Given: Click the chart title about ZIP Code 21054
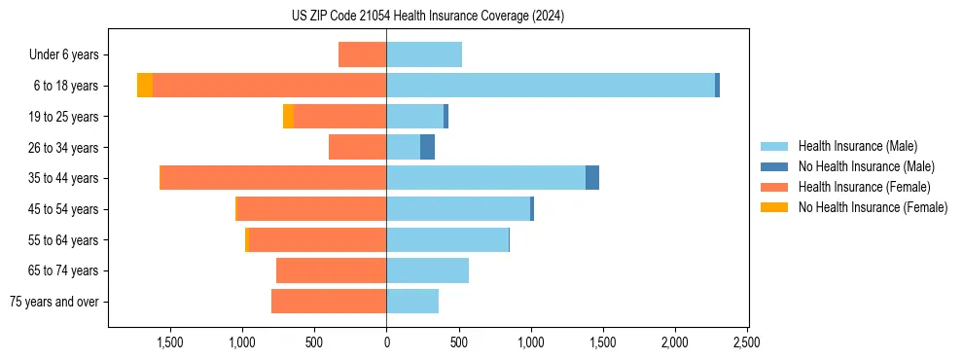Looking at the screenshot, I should pos(428,17).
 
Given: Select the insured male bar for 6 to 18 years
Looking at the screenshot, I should pos(551,86).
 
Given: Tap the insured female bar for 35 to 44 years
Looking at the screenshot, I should pos(273,178).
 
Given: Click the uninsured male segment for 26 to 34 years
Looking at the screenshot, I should pos(427,147).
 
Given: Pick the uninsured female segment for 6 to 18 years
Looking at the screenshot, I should pos(145,86).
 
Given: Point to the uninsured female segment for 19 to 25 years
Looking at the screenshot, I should pos(288,117).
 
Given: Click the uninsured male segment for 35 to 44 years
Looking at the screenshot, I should pos(592,178).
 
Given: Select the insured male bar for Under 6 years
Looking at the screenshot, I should pos(424,54).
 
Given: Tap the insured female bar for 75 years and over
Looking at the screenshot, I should pos(329,302).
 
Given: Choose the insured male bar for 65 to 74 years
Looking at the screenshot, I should pos(427,270).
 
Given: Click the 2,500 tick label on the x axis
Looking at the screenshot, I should pos(747,342).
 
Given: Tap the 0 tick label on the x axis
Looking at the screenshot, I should pos(386,342).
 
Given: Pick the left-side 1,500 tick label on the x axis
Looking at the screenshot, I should pos(170,342).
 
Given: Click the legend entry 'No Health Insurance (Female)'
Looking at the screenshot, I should pos(873,207).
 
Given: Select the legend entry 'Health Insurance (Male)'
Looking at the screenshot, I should pos(857,146).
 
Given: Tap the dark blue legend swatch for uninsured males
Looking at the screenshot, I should pos(775,166).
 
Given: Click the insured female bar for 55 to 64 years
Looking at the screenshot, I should pos(317,239).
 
